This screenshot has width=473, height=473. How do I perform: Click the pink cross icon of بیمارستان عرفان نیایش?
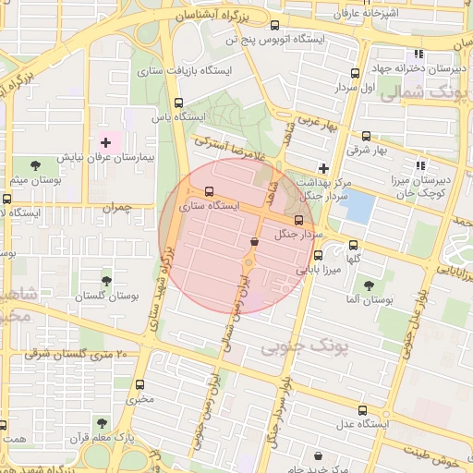105,142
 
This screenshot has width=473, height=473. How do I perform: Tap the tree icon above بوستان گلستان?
106,280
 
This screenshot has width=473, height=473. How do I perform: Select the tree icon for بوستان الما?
370,285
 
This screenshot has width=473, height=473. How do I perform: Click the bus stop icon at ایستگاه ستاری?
209,193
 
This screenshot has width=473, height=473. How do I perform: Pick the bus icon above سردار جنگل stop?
298,220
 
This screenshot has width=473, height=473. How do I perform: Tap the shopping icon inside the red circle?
254,241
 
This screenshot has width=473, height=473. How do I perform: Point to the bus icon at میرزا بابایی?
319,255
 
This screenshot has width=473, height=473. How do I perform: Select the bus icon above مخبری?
140,385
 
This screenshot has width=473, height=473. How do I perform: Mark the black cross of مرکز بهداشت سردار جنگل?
322,168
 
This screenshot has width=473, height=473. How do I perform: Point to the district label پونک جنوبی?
295,346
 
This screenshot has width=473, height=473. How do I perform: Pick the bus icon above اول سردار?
356,73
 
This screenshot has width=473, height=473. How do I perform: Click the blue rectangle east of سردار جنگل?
358,205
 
